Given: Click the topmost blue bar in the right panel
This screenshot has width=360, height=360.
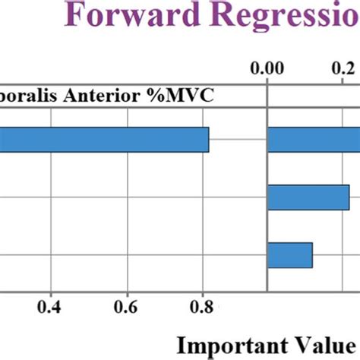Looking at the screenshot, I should click(314, 140).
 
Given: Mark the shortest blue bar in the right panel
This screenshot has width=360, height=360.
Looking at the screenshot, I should click(290, 254).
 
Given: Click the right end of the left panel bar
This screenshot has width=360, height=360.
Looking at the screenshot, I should click(207, 140).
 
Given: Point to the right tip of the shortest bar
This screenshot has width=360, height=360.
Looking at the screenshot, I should click(311, 254).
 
